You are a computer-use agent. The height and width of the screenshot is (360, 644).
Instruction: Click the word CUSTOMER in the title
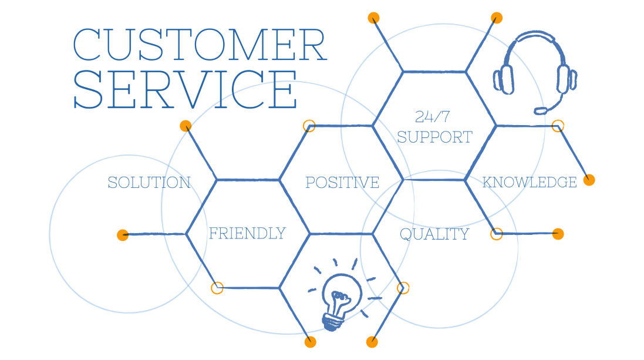pos(200,45)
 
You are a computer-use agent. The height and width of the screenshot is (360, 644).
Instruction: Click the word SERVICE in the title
pos(186,89)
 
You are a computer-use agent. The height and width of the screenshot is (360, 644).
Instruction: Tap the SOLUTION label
pos(149,183)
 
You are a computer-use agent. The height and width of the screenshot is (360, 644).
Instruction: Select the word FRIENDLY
pos(247,233)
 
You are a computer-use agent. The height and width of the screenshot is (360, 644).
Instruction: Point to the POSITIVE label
pos(342,183)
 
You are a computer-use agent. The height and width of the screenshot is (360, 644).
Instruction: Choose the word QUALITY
pos(434,234)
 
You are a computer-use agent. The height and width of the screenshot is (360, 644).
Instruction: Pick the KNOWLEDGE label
pos(530,182)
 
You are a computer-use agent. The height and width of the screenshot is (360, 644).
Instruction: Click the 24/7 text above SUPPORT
pos(432,117)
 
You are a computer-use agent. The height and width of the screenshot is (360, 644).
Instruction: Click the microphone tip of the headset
pos(540,110)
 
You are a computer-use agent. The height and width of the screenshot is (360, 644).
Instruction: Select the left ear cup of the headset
pos(504,79)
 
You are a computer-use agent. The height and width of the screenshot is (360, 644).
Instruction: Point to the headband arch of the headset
pos(534,46)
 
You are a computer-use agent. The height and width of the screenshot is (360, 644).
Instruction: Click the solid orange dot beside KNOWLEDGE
pos(589,180)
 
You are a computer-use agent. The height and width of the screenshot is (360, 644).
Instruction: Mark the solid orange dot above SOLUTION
pos(186,126)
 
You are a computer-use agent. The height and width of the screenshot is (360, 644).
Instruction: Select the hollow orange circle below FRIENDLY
pos(217,288)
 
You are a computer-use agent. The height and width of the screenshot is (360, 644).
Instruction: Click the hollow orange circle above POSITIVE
pos(309,126)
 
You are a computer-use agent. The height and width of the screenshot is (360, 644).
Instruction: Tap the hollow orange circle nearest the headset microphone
pos(558,126)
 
